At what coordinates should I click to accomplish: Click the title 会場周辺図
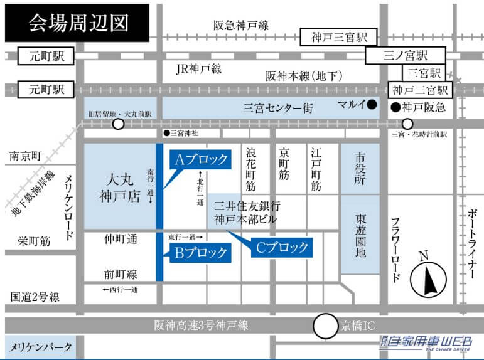point(78,23)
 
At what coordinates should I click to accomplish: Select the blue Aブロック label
point(200,160)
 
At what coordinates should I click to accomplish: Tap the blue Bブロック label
point(197,253)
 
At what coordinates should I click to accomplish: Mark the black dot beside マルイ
point(372,104)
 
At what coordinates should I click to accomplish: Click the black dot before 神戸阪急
point(395,107)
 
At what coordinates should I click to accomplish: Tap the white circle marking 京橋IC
point(325,326)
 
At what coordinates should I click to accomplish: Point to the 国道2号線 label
point(35,297)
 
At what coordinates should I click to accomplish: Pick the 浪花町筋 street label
point(251,169)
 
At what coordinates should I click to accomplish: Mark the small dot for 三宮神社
point(166,133)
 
